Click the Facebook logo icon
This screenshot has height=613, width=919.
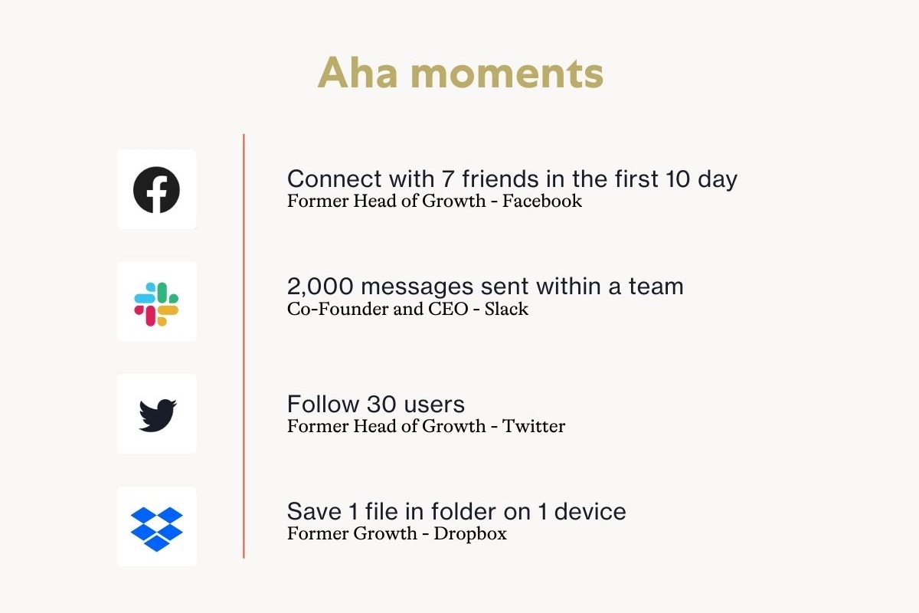[156, 190]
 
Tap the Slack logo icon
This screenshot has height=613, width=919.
[156, 304]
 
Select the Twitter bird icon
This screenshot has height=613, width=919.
[158, 415]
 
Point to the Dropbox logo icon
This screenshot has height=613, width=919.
[157, 529]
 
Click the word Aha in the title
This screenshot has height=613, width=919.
[358, 73]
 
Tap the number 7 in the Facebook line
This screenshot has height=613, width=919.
[447, 179]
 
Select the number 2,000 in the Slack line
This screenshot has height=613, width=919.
[320, 286]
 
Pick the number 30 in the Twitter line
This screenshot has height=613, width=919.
[381, 404]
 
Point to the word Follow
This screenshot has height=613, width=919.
[323, 404]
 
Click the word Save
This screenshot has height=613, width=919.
[314, 512]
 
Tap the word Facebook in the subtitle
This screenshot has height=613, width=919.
[542, 202]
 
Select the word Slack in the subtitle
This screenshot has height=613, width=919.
[506, 309]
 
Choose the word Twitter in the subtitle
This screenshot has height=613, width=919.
[533, 426]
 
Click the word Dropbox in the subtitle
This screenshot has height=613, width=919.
[470, 534]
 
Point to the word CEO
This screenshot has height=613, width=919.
[448, 309]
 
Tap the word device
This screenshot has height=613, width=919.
[590, 512]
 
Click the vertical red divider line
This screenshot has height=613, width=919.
[244, 346]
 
